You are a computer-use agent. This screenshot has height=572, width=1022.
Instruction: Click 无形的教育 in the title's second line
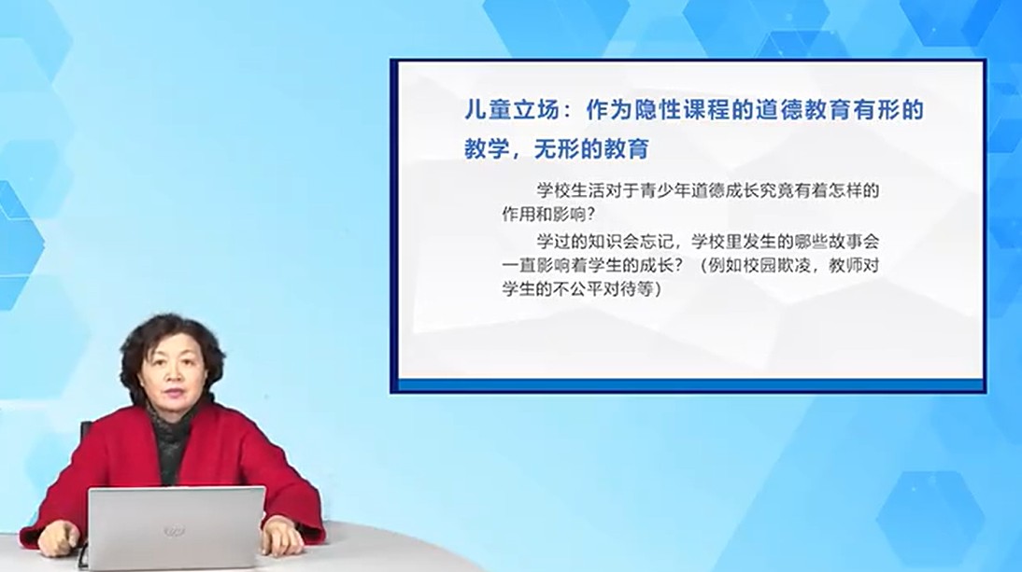[591, 149]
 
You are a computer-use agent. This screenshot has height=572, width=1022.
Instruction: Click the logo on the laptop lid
[173, 531]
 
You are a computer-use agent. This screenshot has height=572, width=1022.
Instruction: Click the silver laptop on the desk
[176, 528]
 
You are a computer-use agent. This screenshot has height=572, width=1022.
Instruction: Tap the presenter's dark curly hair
[171, 342]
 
